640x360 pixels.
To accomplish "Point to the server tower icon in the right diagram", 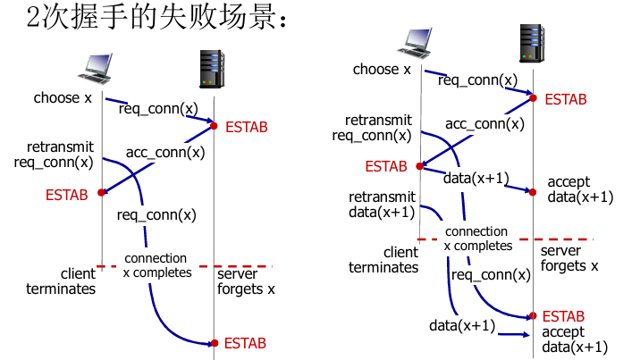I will coord(533,43).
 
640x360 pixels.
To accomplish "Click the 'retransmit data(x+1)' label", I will coord(382,205).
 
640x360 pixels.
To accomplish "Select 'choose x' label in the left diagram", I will coord(63,97).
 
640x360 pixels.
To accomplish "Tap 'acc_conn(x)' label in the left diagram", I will coord(165,152).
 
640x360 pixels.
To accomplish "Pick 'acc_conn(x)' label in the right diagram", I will coord(484,123).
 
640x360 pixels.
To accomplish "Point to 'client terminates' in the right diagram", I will coord(383,260).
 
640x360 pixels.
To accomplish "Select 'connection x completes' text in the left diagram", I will coord(157,265).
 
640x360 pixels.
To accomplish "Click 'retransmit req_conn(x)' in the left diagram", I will coord(54,155).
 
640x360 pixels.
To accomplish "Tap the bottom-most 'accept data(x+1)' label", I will coord(575,340).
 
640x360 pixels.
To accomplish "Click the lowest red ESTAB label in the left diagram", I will coord(245,343).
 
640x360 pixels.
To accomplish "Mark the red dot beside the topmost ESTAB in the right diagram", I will coord(534,97).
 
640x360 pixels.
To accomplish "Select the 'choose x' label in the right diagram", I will coord(382,69).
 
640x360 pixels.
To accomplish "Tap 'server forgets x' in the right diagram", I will coord(569,258).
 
